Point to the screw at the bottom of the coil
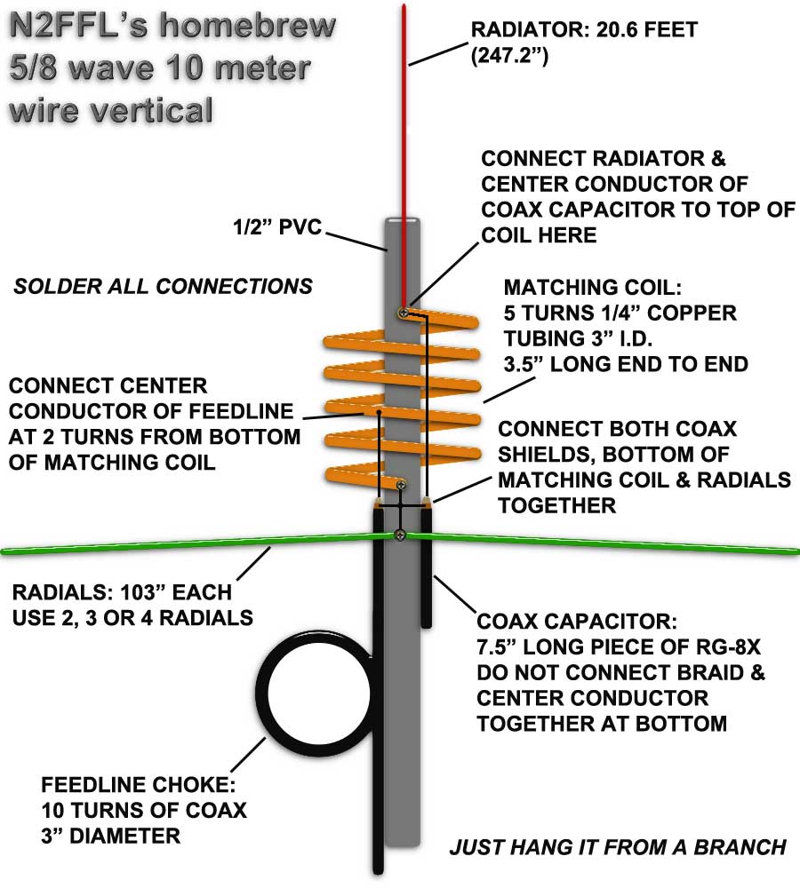click(401, 485)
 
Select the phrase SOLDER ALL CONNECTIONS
click(163, 286)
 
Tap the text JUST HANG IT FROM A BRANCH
click(618, 847)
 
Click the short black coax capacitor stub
click(426, 577)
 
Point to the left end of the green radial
click(7, 551)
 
